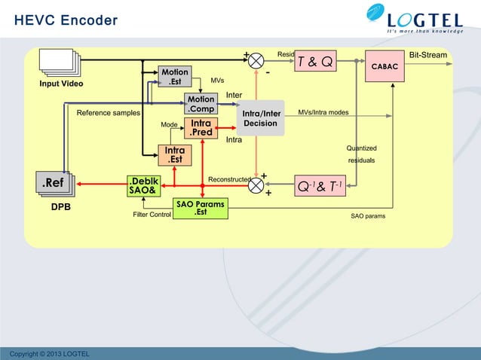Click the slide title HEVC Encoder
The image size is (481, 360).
[66, 20]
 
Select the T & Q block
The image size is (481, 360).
[316, 62]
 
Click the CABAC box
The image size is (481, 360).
[384, 67]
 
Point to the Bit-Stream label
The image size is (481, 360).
[427, 55]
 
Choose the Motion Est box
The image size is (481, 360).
[173, 77]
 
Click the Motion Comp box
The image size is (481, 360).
[201, 105]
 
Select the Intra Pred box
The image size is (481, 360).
[201, 128]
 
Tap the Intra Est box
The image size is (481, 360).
[174, 155]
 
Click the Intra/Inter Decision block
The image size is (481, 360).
[261, 119]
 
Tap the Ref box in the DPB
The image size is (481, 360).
[53, 183]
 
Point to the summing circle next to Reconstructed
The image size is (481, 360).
[257, 184]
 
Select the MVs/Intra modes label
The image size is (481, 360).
[323, 112]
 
